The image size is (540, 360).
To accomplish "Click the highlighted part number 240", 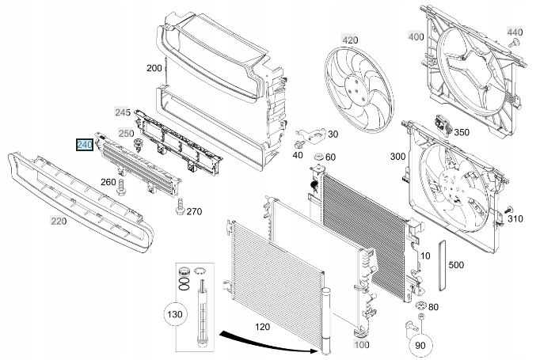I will [85, 145].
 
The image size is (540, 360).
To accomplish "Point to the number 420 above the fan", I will [349, 39].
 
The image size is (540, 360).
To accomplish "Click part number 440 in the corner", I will [515, 32].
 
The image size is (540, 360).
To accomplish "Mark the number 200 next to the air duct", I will [154, 68].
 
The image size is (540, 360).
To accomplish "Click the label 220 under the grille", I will [58, 222].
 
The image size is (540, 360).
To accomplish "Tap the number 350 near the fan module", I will [461, 132].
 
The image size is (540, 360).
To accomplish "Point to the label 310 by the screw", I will [515, 218].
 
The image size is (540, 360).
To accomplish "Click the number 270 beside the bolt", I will [194, 211].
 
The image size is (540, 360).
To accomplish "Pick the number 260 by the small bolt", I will [108, 183].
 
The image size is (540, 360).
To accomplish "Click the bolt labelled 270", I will [181, 210].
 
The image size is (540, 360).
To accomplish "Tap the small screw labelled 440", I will [513, 44].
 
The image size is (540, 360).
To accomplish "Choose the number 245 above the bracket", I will [124, 111].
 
